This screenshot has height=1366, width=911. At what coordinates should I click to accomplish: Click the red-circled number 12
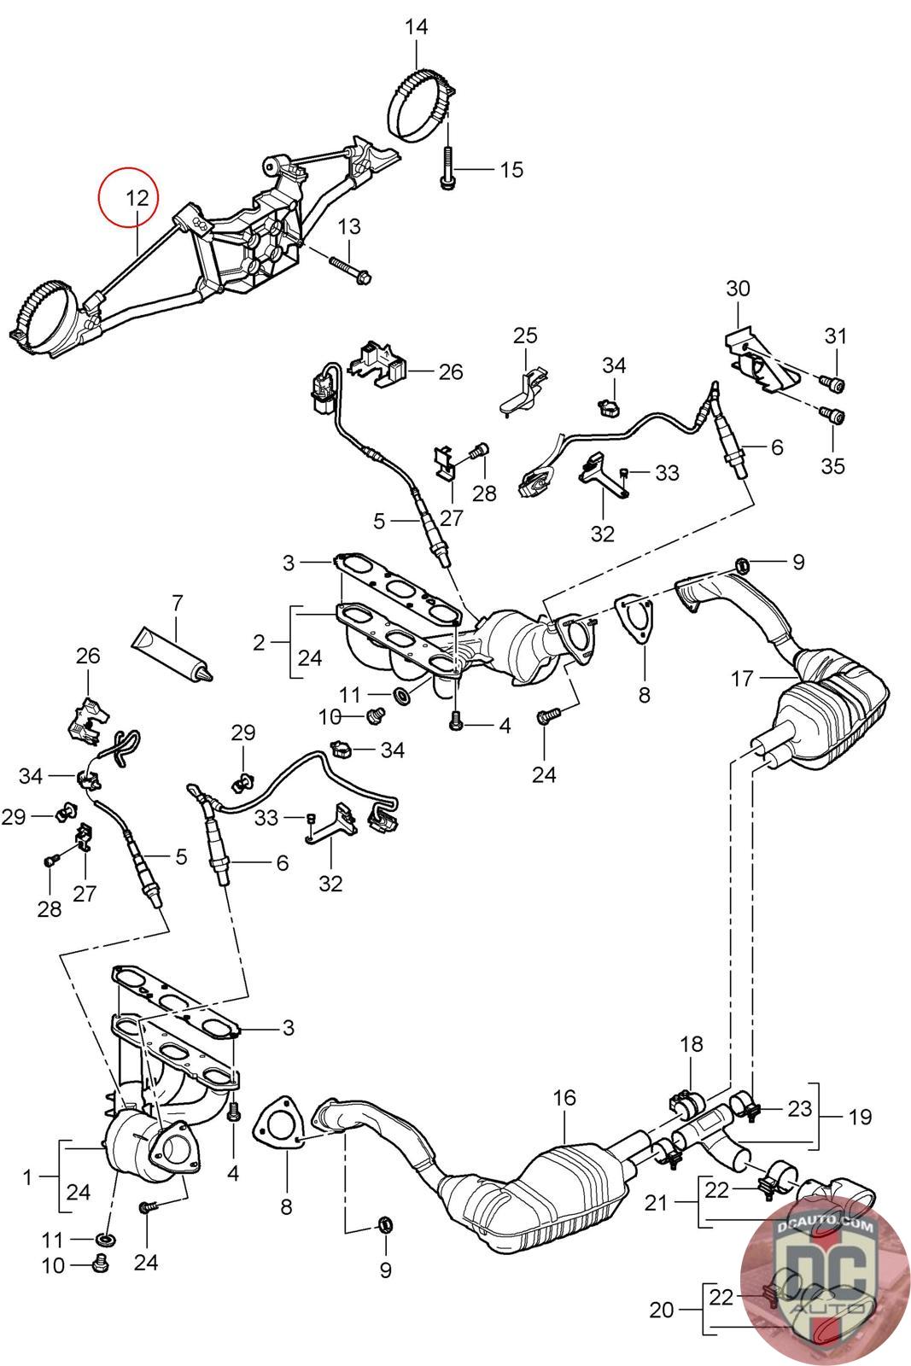pos(137,198)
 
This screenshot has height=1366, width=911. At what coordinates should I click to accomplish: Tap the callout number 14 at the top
pos(416,27)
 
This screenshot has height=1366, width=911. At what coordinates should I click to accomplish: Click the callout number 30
pos(738,289)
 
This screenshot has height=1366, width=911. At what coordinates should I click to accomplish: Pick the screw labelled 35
pos(834,417)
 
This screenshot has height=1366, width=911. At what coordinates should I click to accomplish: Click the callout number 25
pos(525,336)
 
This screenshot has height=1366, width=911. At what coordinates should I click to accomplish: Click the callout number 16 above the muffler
pos(564,1098)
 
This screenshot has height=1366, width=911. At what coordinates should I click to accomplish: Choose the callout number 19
pos(860,1116)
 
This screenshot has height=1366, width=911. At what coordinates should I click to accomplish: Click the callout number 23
pos(799,1108)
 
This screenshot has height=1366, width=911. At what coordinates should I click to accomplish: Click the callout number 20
pos(661,1309)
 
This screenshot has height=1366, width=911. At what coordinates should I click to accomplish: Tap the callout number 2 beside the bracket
pos(259,642)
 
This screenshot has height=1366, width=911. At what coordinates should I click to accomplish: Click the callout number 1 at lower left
pos(27,1177)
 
